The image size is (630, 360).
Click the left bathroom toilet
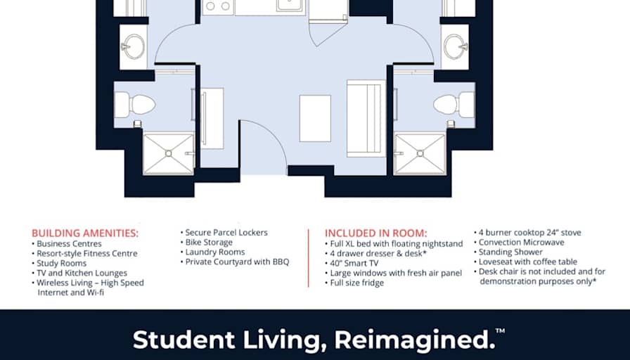tap(134, 105)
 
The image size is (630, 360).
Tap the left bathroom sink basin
tap(133, 46)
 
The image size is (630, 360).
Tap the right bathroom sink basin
tap(455, 46)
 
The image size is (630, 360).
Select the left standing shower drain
tap(168, 153)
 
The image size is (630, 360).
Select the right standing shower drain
tap(420, 153)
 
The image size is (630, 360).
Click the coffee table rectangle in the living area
tap(316, 118)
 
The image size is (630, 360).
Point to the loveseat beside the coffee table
tap(366, 118)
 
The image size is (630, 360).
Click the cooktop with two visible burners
tap(218, 7)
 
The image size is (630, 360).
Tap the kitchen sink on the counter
tap(290, 5)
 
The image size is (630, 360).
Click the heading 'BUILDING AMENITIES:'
tap(85, 233)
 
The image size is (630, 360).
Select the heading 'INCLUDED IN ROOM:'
tap(375, 233)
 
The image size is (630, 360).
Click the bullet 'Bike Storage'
tap(207, 243)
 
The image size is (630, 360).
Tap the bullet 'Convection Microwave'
tap(519, 243)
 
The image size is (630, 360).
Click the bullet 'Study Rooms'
tap(59, 263)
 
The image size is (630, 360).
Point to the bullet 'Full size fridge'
tap(354, 283)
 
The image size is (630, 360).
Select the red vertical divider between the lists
tap(309, 258)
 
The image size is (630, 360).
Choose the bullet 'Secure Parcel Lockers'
tap(224, 233)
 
